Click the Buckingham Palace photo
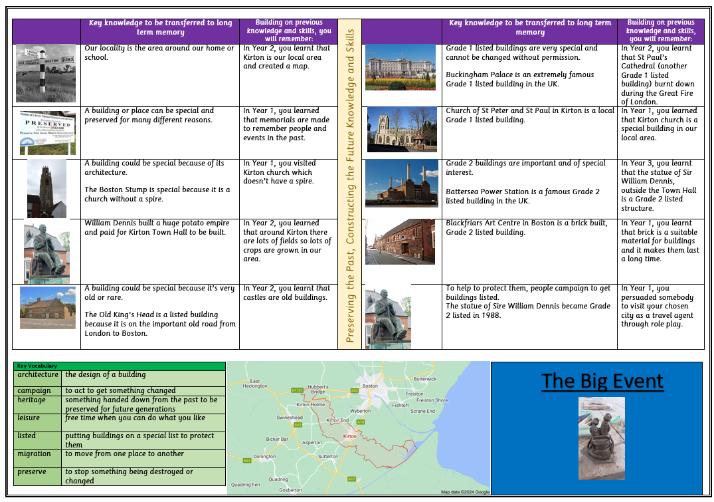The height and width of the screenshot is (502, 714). point(401,66)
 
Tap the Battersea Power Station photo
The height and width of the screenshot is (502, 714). point(402,183)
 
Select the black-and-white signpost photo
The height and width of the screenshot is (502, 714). point(46,73)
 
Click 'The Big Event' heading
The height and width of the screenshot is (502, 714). point(602,381)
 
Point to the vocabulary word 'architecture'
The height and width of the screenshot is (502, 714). point(38,374)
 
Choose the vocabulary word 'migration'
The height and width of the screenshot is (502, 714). point(35,453)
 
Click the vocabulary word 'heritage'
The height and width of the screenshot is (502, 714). point(32,400)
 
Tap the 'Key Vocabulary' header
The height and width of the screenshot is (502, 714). point(37,366)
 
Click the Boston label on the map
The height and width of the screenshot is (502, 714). point(370,386)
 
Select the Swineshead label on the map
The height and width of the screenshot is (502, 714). point(290,418)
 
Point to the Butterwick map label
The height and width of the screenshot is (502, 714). point(425,379)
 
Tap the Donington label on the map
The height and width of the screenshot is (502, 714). point(264,457)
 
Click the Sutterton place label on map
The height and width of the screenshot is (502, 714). point(328,457)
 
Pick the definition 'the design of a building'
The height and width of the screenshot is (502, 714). point(105,374)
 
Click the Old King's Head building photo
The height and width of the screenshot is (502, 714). point(48,308)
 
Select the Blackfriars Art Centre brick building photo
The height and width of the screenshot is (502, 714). point(400,242)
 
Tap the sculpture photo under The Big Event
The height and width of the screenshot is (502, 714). point(602,438)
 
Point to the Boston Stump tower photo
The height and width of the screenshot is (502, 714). point(46,188)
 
